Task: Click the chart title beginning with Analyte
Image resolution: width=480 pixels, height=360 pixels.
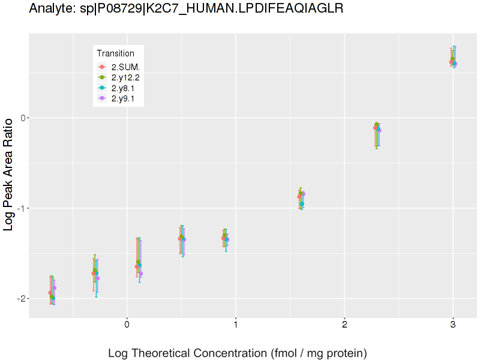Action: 186,9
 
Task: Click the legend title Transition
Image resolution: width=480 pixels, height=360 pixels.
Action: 115,53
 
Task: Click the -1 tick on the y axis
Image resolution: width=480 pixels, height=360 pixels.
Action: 21,208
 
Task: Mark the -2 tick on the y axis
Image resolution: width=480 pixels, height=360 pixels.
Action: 21,299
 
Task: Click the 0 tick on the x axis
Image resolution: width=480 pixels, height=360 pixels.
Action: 127,325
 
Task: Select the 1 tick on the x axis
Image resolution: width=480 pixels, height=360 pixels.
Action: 235,325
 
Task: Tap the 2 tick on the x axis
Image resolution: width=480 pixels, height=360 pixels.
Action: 344,325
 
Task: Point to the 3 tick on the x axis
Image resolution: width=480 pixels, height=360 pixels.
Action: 453,325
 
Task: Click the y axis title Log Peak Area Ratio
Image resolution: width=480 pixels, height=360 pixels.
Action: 9,175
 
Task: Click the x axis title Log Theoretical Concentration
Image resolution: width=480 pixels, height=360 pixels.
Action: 237,353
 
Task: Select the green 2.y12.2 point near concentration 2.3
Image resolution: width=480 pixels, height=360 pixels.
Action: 376,124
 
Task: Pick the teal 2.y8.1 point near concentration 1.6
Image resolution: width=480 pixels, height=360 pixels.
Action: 302,204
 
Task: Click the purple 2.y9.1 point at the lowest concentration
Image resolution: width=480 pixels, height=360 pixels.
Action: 55,288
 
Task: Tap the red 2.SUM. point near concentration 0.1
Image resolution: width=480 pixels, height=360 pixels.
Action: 137,266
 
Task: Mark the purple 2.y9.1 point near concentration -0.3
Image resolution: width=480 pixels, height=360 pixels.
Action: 98,278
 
